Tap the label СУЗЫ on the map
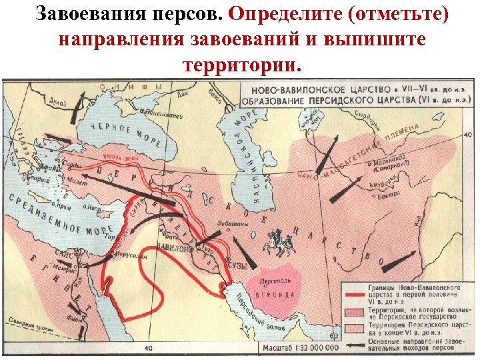pyautogui.click(x=237, y=266)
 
